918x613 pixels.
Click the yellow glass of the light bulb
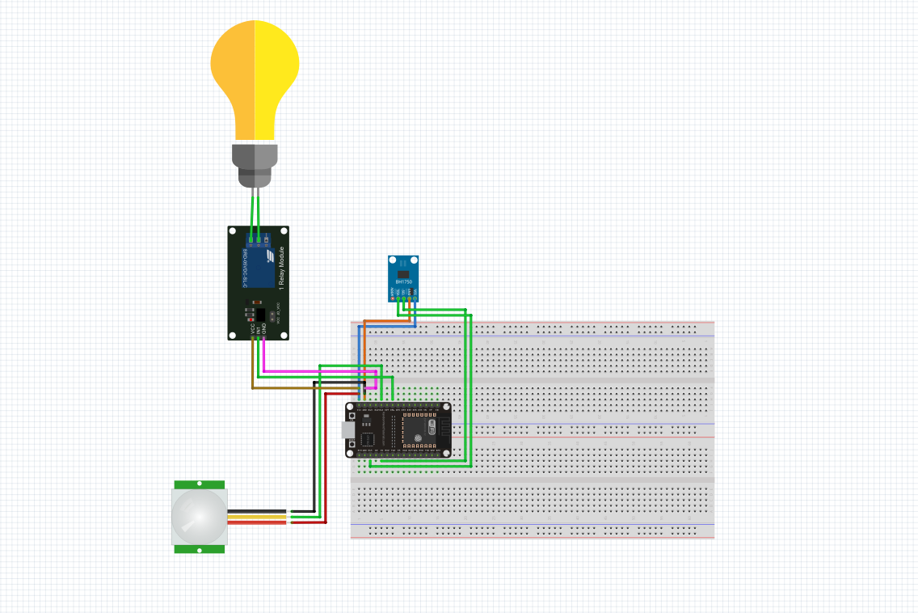[255, 73]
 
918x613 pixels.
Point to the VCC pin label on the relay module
[253, 329]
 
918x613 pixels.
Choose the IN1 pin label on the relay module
[259, 329]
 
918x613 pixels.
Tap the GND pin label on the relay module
[264, 329]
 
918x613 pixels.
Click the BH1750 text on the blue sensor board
[404, 281]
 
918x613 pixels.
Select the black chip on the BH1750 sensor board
[404, 273]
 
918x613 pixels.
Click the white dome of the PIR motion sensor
[198, 516]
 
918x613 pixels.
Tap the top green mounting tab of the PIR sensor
[200, 484]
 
